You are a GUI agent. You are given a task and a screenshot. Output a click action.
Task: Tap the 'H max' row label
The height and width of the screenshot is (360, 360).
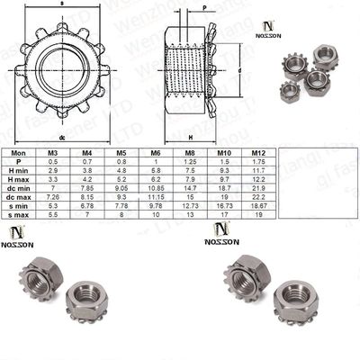21,179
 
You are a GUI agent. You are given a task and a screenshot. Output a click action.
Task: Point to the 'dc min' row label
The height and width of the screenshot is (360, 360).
21,188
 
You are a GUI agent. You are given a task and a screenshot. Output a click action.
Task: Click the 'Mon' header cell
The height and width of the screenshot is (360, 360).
21,154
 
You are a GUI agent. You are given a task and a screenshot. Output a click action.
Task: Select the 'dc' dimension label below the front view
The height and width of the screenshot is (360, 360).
62,138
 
